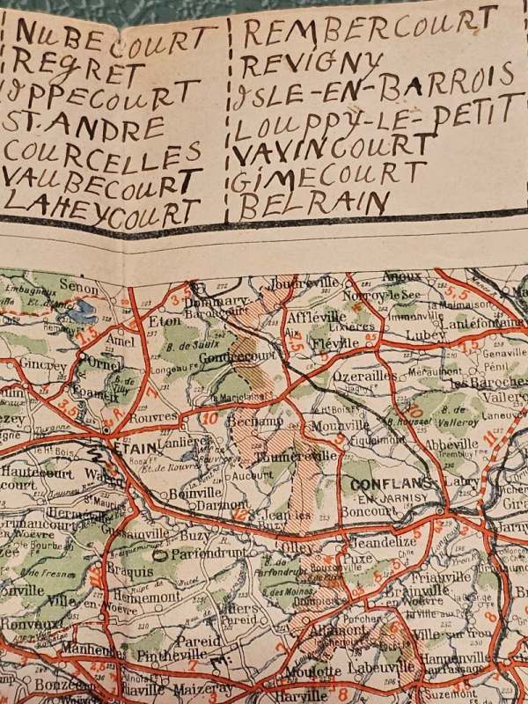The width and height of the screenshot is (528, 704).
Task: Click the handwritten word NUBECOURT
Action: click(x=114, y=37)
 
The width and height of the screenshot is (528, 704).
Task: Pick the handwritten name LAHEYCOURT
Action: click(x=101, y=209)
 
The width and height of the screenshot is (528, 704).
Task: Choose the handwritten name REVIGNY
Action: click(x=312, y=64)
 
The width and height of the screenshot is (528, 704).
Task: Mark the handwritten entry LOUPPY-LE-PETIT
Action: click(x=374, y=119)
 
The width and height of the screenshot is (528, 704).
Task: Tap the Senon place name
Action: click(x=76, y=286)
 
